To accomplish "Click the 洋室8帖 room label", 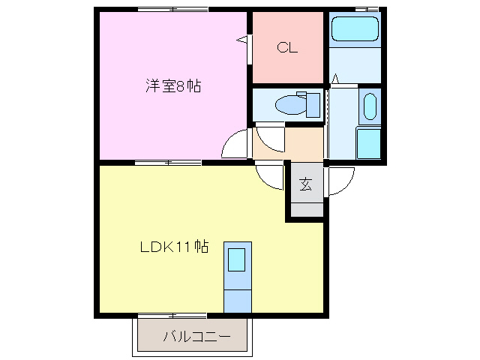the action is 173,86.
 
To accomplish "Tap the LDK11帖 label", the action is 175,247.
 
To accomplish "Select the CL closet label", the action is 287,48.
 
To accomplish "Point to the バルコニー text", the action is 196,337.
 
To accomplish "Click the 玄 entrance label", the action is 306,184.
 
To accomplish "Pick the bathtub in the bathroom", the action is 355,28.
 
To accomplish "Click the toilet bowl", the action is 290,105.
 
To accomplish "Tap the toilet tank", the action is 313,105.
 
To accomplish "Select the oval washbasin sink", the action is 370,106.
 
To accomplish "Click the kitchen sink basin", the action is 237,260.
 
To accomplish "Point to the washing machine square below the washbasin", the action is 369,143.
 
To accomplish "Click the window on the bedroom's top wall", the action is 173,10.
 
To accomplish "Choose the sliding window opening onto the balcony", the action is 172,315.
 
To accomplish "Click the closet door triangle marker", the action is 241,39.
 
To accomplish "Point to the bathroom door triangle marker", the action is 335,78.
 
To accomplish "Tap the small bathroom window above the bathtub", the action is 367,10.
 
